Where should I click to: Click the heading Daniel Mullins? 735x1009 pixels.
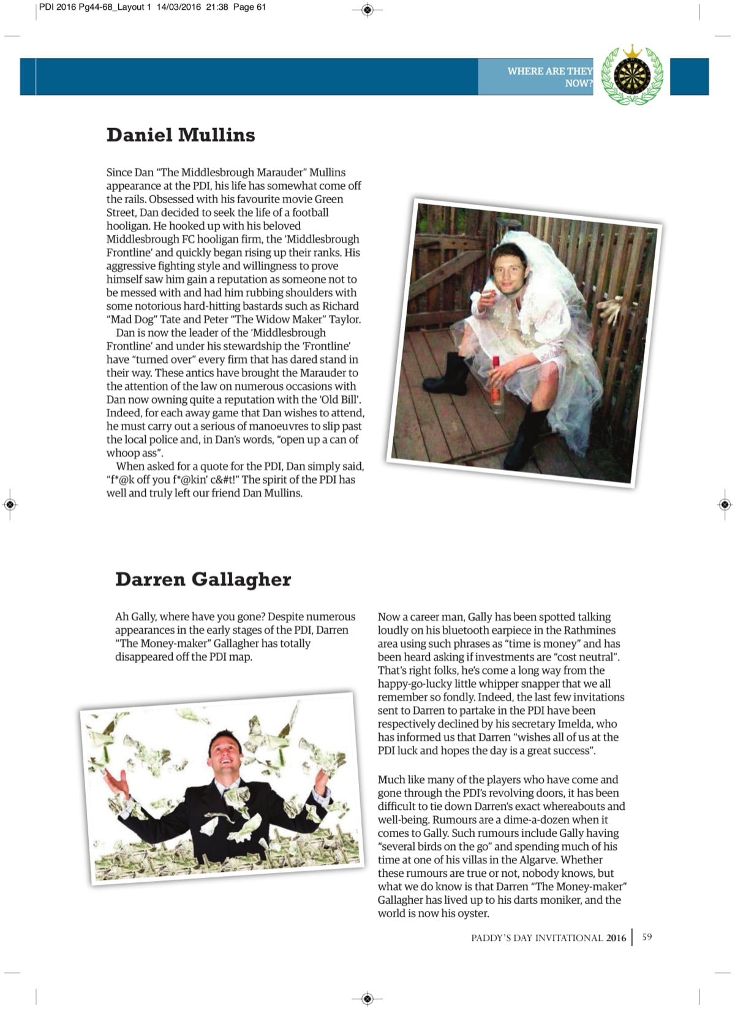(181, 135)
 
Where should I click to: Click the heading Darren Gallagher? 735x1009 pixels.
(203, 579)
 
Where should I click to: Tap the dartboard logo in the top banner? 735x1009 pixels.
(632, 77)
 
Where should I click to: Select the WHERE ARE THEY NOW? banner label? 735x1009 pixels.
(549, 77)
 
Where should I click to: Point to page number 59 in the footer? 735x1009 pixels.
(647, 937)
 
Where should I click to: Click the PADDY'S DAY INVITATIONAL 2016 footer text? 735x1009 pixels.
(548, 937)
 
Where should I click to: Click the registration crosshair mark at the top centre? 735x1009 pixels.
(367, 9)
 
